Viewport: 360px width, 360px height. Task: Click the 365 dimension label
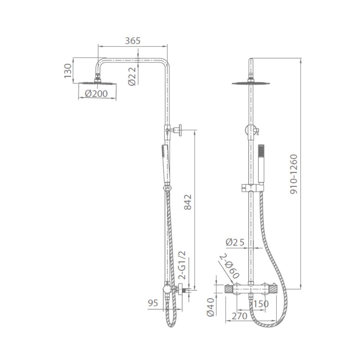coord(132,41)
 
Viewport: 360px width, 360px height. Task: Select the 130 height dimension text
coord(68,71)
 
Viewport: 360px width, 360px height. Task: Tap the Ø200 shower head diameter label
coord(96,94)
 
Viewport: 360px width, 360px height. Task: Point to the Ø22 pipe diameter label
coord(132,76)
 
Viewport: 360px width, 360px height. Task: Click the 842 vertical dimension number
coord(188,202)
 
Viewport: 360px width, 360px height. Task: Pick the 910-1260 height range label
coord(293,174)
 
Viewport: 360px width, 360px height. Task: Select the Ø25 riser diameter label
coord(235,242)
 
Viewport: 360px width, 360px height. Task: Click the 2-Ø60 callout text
coord(230,266)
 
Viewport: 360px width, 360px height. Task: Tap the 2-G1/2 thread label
coord(182,265)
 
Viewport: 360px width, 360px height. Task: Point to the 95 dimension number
coord(153,303)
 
